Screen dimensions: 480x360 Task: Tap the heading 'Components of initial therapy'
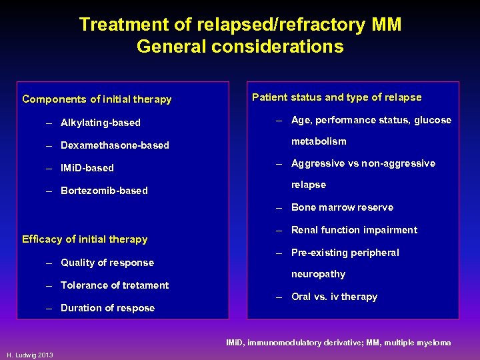click(x=97, y=99)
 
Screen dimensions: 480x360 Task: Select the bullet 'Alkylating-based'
click(x=100, y=123)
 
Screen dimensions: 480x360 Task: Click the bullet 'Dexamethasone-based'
click(x=115, y=145)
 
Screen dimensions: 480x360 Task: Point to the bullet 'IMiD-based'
click(x=87, y=168)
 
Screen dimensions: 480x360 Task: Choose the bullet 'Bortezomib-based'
click(x=104, y=191)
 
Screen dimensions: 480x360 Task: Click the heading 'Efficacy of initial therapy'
click(x=85, y=239)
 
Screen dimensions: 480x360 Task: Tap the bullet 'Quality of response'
click(x=107, y=263)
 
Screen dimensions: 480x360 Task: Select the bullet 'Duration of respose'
click(x=107, y=308)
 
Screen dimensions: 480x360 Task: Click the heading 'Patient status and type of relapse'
click(x=337, y=97)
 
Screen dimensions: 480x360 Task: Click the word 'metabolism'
click(x=319, y=141)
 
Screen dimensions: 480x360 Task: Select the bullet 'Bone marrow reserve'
click(x=342, y=207)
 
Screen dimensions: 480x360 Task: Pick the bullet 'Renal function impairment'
click(x=354, y=230)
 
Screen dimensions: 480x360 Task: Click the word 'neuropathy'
click(x=318, y=274)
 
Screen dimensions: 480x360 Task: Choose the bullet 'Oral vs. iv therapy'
click(x=334, y=297)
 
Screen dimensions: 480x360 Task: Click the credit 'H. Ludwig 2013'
click(x=29, y=353)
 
